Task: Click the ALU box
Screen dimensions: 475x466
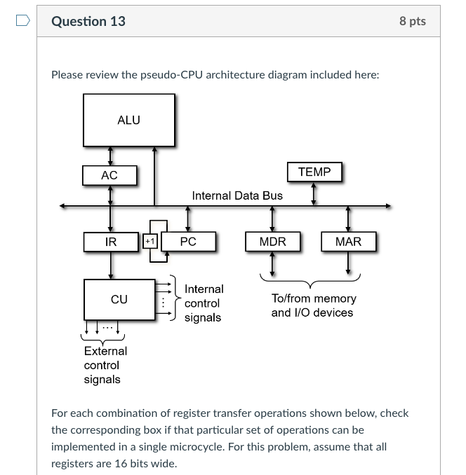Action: click(x=129, y=120)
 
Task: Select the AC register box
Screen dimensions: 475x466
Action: click(x=109, y=175)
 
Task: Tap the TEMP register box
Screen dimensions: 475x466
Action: click(x=314, y=172)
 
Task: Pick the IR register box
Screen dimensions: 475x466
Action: click(x=111, y=242)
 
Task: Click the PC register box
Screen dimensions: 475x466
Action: click(x=188, y=242)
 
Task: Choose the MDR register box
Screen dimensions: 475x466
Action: click(x=272, y=242)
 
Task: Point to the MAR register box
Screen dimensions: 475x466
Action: click(x=348, y=242)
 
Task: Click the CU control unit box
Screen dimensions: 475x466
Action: click(x=119, y=299)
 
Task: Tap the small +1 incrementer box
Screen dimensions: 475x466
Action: click(x=149, y=242)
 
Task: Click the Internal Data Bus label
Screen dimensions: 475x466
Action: click(x=237, y=195)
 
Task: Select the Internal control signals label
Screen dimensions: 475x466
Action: click(x=204, y=303)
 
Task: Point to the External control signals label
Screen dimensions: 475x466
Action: click(x=105, y=365)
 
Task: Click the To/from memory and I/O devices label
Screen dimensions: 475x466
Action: click(x=314, y=305)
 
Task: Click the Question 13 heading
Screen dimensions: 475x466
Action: click(x=88, y=21)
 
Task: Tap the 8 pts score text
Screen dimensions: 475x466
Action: click(x=413, y=21)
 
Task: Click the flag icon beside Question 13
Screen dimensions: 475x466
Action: click(x=23, y=21)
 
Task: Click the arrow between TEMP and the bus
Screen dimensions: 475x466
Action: click(x=314, y=194)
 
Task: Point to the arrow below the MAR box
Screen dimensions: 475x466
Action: click(x=348, y=264)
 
